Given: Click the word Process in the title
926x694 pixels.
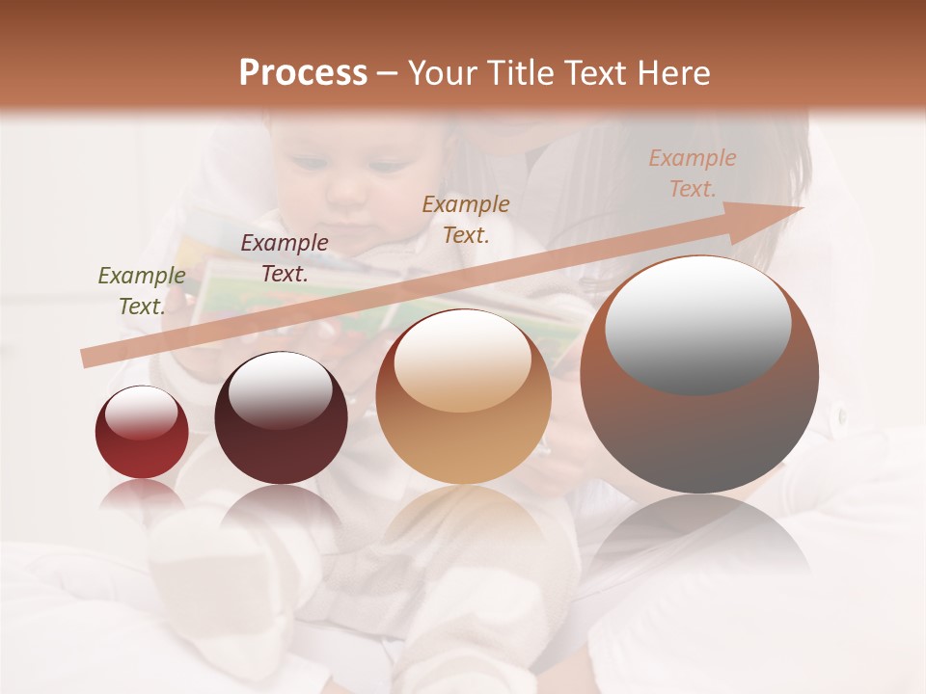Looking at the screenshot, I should click(303, 73).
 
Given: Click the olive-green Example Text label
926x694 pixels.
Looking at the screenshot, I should click(141, 291).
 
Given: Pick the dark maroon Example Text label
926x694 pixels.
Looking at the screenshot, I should click(284, 258).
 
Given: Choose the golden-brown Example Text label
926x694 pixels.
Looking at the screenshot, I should click(466, 219).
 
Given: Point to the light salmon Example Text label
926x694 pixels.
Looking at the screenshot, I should click(692, 173).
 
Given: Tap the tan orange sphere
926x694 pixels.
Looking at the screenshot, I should click(463, 434).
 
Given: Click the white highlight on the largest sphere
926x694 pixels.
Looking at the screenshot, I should click(697, 323).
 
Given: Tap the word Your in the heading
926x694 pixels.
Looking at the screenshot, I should click(443, 73).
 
